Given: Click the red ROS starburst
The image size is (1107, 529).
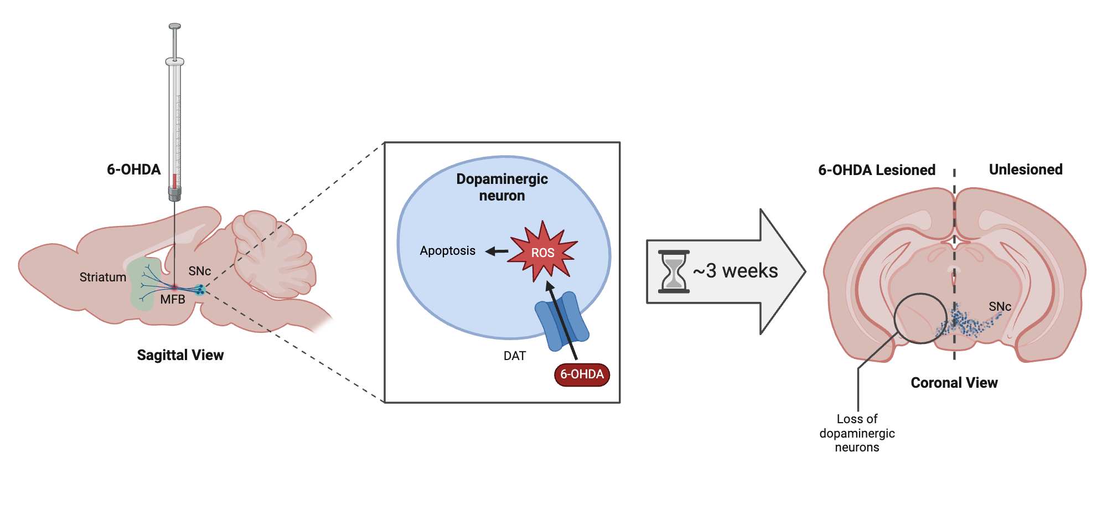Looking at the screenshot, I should pos(543,253).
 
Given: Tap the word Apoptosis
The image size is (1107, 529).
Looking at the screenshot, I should pos(447,251).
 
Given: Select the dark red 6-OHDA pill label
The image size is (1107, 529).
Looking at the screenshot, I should pos(582,374).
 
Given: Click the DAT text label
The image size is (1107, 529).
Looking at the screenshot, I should pos(514,356).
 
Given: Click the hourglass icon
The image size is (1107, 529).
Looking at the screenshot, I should pos(674,271).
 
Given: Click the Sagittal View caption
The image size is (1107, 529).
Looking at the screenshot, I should pos(180,355).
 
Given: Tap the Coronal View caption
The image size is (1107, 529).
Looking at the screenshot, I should pos(954,383).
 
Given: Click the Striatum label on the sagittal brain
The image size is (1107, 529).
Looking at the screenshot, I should pos(102,277).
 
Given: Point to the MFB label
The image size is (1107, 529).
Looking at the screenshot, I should pos(173,300).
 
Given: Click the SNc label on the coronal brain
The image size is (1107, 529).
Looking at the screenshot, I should pos(1000,306).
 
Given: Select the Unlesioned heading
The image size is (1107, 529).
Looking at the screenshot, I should pos(1025,170).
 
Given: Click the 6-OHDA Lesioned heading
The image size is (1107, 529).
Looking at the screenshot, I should pos(876,170).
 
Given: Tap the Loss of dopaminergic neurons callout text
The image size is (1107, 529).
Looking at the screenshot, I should pos(857,433).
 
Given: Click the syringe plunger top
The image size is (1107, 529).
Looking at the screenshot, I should pos(175,26).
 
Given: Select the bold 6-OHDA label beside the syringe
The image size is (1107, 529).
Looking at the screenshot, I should pos(133,170).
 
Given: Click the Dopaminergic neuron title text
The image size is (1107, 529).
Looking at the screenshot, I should pos(502,187).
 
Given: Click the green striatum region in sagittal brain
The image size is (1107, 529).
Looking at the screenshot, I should pos(141,294).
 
